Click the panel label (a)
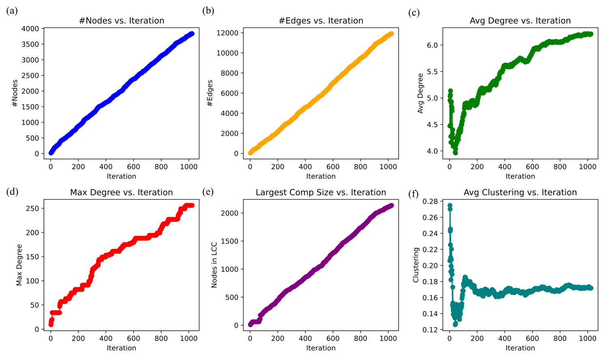tap(12, 11)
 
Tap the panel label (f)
tap(413, 194)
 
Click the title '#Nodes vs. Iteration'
tap(122, 21)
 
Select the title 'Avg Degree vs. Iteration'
tap(520, 21)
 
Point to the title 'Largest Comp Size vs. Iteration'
tap(321, 192)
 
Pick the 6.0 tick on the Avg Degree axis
tap(432, 45)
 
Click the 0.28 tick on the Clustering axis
tap(430, 201)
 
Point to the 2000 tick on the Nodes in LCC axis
tap(229, 213)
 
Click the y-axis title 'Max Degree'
tap(19, 265)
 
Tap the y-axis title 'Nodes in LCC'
tap(214, 265)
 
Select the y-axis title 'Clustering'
tap(416, 265)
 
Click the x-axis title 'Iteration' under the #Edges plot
tap(321, 176)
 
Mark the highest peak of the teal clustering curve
tap(450, 206)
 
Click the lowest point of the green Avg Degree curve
tap(455, 153)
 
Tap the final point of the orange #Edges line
tap(391, 34)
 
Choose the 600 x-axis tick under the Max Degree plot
tap(133, 338)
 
